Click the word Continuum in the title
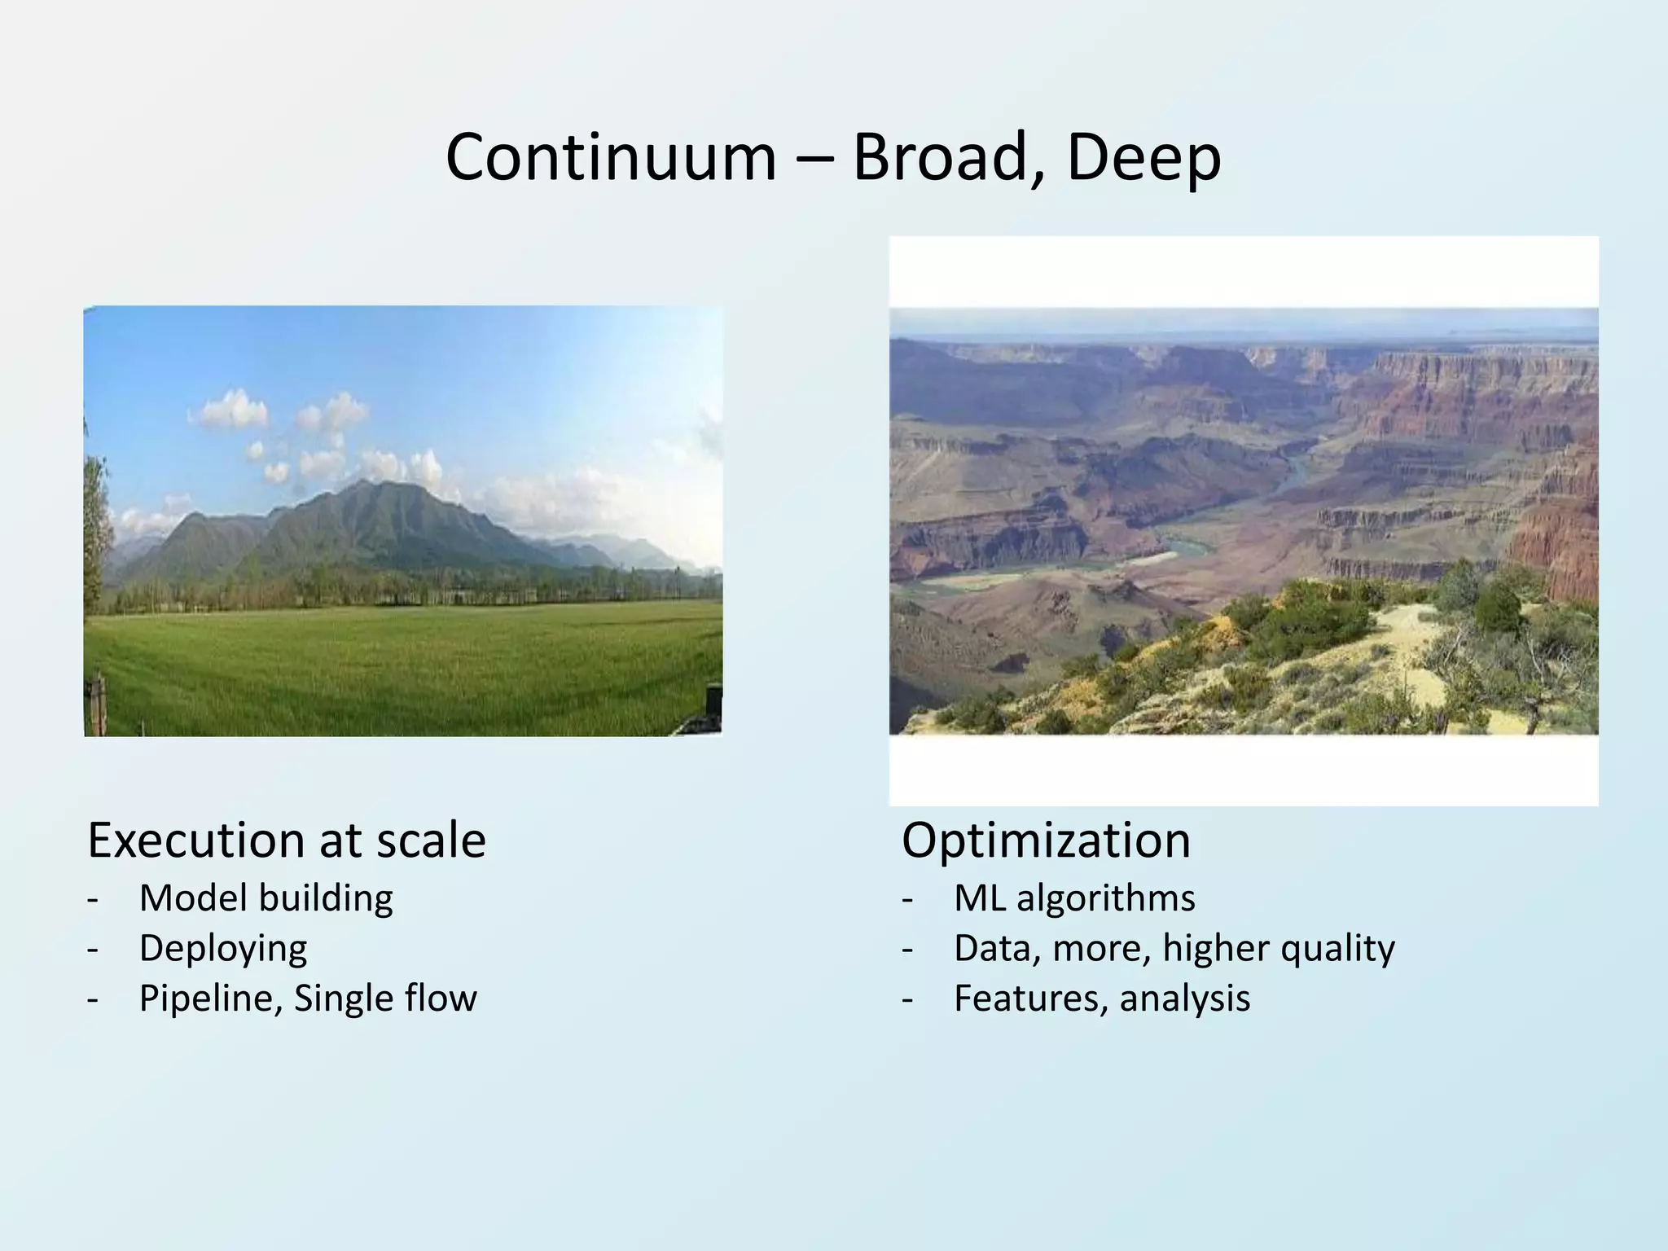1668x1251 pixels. coord(611,158)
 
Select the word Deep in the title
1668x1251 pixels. coord(1143,158)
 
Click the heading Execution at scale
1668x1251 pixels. coord(287,841)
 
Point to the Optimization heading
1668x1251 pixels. coord(1046,841)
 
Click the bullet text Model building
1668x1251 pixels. coord(266,898)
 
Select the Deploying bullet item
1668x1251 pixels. coord(223,948)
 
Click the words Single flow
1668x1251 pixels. coord(385,999)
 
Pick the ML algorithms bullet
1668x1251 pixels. coord(1074,898)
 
